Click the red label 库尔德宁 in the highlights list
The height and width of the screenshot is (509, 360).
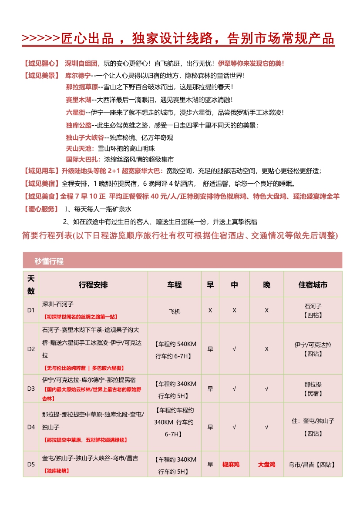[78, 75]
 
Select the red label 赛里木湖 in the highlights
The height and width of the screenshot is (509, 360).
[78, 100]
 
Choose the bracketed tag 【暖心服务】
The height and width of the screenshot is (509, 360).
[40, 209]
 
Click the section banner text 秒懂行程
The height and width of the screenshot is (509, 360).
[49, 261]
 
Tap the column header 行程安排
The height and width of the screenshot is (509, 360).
[93, 285]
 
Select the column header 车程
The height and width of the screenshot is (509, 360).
[174, 285]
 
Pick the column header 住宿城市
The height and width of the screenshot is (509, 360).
[313, 285]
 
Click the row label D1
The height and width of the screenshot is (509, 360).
[30, 311]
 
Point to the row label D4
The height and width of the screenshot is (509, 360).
[30, 427]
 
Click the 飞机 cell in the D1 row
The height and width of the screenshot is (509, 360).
[174, 311]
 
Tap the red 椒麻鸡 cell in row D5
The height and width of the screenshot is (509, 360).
[231, 464]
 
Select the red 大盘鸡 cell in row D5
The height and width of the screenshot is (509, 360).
[266, 464]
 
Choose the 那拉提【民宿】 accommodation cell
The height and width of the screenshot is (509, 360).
[313, 389]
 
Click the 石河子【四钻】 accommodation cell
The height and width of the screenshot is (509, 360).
[313, 311]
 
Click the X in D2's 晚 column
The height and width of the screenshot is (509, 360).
[266, 349]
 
